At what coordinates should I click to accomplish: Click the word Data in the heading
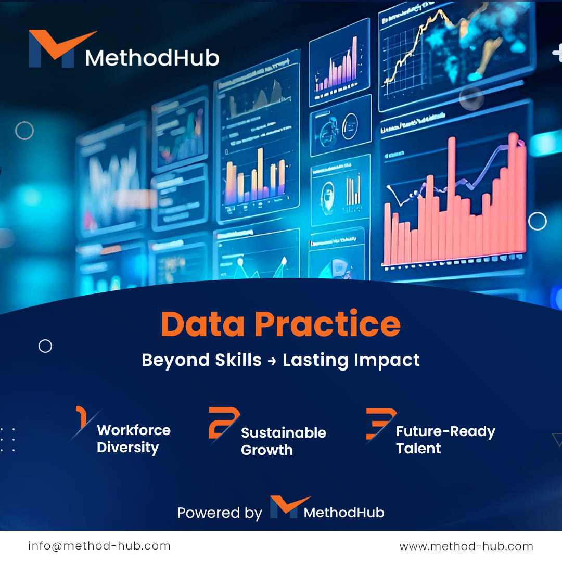pos(202,324)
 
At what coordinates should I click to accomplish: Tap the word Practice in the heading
pos(327,324)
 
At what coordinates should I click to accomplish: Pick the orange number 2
pos(223,423)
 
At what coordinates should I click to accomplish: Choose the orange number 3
pos(380,423)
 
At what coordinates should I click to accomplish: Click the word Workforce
pos(134,430)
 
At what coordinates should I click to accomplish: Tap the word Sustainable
pos(284,433)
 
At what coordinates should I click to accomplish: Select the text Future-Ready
pos(445,431)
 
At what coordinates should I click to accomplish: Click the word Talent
pos(418,449)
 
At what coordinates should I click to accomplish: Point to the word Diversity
pos(127,448)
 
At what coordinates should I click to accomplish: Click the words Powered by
pos(220,513)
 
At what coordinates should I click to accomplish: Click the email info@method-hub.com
pos(99,546)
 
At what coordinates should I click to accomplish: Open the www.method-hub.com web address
pos(466,546)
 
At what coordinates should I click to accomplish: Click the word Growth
pos(267,450)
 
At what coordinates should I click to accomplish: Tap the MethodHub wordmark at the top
pos(152,58)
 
